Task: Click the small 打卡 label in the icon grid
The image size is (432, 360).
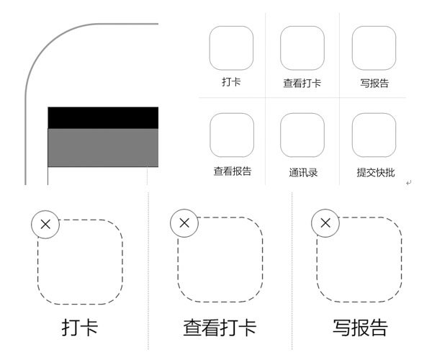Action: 231,82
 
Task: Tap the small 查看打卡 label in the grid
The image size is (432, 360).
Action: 302,83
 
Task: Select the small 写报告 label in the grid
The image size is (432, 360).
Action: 374,83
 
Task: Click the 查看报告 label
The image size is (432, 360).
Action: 233,171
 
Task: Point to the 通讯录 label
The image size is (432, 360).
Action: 303,173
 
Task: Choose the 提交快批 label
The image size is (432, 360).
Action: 376,173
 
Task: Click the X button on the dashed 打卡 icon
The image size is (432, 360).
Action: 45,224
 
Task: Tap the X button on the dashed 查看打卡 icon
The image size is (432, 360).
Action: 184,222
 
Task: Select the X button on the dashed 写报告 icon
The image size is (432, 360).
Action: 325,222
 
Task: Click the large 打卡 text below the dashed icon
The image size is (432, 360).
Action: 80,328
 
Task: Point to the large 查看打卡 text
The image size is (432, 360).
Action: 220,328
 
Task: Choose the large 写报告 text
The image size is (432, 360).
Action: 361,328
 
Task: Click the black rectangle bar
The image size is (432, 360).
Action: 103,117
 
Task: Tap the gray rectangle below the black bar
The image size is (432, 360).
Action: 103,148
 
